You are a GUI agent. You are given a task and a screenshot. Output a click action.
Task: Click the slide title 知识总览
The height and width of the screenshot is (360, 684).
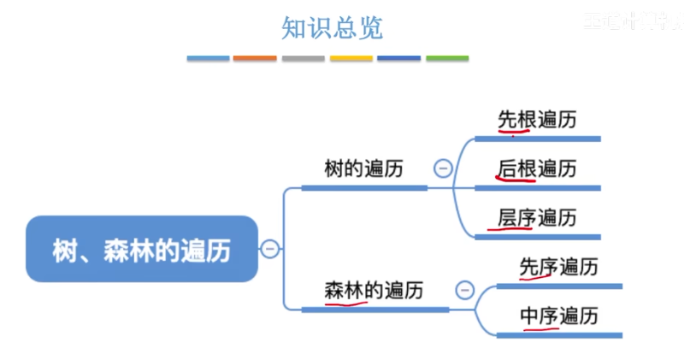point(332,27)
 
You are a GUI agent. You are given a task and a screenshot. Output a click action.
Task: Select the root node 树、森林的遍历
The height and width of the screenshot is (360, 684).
point(141,250)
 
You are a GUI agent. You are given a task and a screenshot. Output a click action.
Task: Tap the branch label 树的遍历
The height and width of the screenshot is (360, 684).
point(364,168)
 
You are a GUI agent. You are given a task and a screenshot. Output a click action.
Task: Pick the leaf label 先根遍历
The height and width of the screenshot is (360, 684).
point(537,119)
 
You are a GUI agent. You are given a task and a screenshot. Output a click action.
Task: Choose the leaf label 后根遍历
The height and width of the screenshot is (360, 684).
point(537,168)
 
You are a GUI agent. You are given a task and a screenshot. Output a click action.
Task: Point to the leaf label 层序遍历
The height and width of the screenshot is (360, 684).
point(537,217)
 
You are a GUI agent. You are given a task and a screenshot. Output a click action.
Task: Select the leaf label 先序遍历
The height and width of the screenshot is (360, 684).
point(558,267)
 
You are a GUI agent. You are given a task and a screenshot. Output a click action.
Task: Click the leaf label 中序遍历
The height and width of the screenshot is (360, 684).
point(558,316)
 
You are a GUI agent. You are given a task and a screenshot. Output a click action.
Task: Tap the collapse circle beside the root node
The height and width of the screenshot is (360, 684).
point(270,250)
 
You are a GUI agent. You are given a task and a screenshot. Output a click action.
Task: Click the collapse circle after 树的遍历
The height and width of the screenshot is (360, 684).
point(443,168)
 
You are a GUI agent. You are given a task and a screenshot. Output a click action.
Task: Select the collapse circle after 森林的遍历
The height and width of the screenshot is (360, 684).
point(464,291)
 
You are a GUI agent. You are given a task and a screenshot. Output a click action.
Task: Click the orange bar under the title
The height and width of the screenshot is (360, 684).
point(255,58)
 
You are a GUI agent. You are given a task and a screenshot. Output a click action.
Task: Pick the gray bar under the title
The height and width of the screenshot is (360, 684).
point(303,58)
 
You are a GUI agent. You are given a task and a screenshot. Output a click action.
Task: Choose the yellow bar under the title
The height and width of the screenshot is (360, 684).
point(351,58)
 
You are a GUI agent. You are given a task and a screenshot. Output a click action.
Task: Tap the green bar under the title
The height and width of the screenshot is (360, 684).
point(447,58)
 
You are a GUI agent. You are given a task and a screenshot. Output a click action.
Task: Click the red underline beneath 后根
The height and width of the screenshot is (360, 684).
point(516,180)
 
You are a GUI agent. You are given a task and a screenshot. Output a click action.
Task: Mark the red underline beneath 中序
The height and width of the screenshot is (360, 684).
point(539,328)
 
